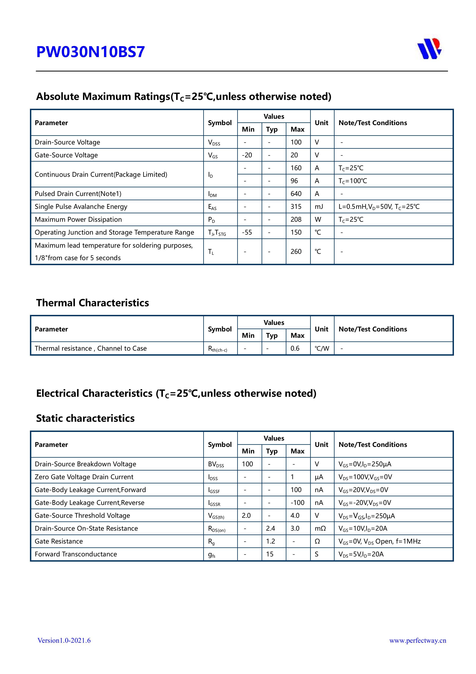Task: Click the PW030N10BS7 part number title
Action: pyautogui.click(x=90, y=52)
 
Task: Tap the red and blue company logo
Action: pyautogui.click(x=429, y=49)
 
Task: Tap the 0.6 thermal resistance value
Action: pyautogui.click(x=295, y=349)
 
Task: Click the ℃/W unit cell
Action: pyautogui.click(x=322, y=349)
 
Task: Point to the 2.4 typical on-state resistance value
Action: pyautogui.click(x=270, y=528)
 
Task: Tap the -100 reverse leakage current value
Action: pyautogui.click(x=297, y=503)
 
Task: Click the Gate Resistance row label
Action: pyautogui.click(x=59, y=541)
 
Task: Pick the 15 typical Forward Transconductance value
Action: pyautogui.click(x=269, y=554)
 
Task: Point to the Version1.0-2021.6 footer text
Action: pyautogui.click(x=64, y=641)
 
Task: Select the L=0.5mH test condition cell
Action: pyautogui.click(x=379, y=207)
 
